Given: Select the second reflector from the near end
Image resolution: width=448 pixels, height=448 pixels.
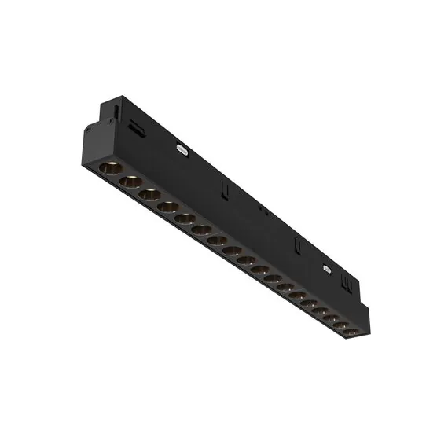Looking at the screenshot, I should pos(130,182).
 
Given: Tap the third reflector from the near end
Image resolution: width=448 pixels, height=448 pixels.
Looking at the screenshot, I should pos(149,194).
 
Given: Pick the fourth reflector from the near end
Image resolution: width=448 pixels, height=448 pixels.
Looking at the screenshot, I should pos(167,207).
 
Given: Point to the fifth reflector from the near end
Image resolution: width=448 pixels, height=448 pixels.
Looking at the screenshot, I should pos(184,218).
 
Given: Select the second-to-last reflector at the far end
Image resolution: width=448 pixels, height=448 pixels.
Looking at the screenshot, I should pos(340,325).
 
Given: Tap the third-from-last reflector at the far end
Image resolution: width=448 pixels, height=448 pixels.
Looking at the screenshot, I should pos(330,318).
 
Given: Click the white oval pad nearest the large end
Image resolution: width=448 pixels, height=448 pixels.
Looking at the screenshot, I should pos(182,146).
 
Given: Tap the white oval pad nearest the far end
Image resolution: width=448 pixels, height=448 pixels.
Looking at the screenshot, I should pos(327,270).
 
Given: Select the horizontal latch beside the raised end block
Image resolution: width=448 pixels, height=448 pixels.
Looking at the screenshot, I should pos(137,127).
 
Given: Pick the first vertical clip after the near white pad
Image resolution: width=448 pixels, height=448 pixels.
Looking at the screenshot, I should pos(224,189).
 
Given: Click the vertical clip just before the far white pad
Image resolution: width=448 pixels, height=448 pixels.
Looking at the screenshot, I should pos(298,245).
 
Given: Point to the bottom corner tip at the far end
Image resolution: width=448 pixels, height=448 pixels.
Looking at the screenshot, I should pos(358,340).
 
